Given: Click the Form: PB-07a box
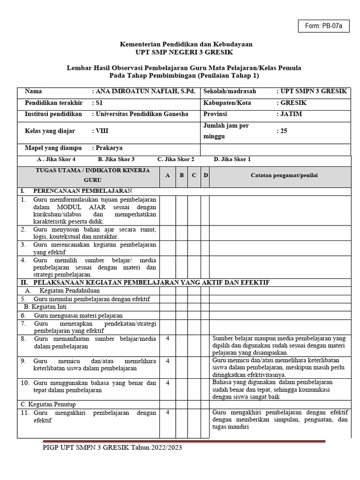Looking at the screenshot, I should [323, 26].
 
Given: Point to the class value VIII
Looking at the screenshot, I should [102, 131].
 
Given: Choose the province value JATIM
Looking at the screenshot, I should [291, 114].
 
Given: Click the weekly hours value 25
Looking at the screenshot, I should [283, 131].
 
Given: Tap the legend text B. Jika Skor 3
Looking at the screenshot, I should [116, 159].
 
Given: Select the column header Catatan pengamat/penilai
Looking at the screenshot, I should [284, 175].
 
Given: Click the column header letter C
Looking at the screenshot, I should [194, 175].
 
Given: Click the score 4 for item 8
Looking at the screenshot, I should [167, 338].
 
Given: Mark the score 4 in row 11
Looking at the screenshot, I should [167, 412].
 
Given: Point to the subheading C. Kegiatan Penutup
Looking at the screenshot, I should [49, 404].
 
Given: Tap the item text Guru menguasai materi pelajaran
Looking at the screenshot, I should [78, 315].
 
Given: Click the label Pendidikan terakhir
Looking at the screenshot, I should [53, 103].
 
